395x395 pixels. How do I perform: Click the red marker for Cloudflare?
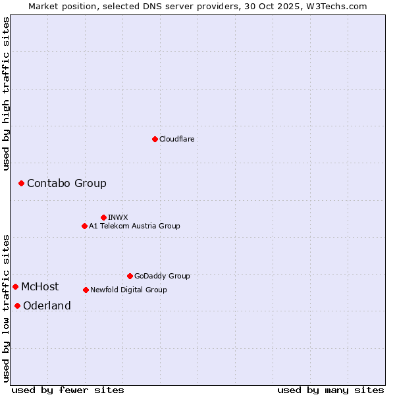click(x=155, y=139)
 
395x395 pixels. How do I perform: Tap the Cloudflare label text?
click(x=176, y=139)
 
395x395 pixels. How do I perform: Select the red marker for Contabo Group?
click(x=21, y=183)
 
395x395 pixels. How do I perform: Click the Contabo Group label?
click(x=66, y=183)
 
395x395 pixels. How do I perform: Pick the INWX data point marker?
click(x=103, y=217)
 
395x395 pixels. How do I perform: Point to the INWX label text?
click(x=118, y=217)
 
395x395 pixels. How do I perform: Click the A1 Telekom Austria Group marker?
click(x=84, y=226)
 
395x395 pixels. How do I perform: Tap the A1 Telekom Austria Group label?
click(x=134, y=226)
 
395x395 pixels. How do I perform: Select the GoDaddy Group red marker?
click(x=130, y=276)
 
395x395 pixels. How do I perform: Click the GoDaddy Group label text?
click(x=161, y=276)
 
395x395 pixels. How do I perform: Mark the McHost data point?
click(x=15, y=286)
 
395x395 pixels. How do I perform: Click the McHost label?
click(x=39, y=286)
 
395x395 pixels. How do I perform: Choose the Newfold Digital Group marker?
click(x=86, y=290)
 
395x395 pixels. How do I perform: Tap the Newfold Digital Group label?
click(x=128, y=290)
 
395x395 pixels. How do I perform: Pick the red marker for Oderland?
click(x=17, y=305)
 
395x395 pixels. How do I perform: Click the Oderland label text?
click(x=47, y=305)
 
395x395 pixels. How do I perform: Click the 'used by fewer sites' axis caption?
click(x=68, y=390)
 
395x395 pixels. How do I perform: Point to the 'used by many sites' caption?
click(x=330, y=390)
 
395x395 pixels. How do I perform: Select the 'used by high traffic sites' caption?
click(x=7, y=93)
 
